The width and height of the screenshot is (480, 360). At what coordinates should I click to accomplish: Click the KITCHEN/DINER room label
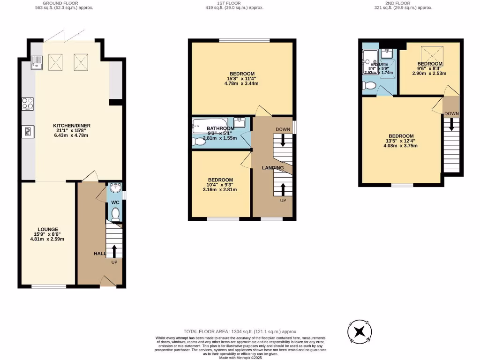(72, 126)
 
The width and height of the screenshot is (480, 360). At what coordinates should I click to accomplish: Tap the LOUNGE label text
(47, 230)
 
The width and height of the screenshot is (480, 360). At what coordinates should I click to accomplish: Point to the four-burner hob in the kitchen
(27, 104)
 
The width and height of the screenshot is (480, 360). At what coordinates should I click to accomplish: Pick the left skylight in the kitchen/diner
(56, 61)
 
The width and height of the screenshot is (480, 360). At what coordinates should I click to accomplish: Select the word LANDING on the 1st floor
(272, 168)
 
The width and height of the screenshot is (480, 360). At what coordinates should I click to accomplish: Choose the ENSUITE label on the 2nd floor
(379, 64)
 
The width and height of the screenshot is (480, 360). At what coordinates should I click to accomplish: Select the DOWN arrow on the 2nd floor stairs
(452, 124)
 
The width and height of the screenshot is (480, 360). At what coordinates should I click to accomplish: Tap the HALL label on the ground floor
(99, 253)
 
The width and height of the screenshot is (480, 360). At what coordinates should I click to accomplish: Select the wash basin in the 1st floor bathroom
(240, 123)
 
